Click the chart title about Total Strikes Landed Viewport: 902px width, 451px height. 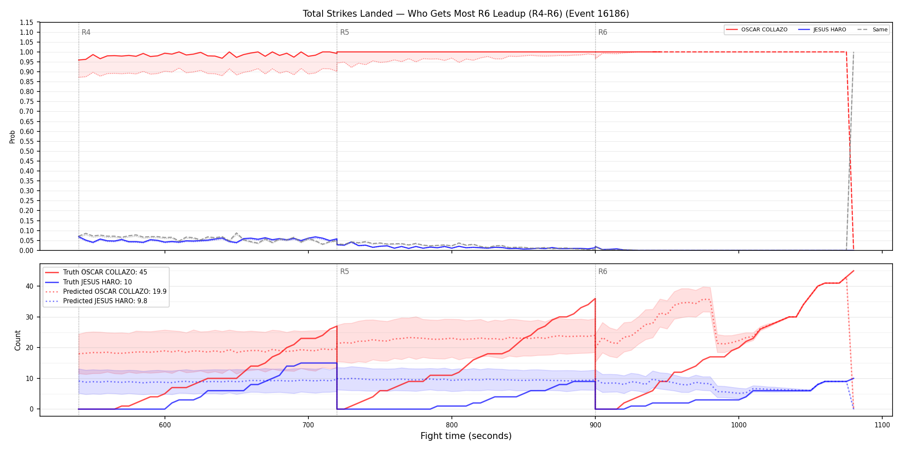(x=466, y=14)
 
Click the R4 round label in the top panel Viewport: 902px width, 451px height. (x=86, y=32)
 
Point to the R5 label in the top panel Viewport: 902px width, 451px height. (x=344, y=32)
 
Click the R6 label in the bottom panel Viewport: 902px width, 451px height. (x=603, y=271)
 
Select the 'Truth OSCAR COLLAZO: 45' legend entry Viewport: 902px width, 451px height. (x=105, y=272)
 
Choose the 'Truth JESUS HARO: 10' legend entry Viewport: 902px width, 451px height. (x=98, y=282)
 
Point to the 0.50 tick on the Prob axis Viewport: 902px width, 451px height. (x=27, y=151)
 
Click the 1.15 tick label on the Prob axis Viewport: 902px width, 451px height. (x=27, y=22)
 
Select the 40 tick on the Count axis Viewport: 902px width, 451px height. (x=29, y=286)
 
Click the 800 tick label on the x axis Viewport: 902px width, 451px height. (x=451, y=425)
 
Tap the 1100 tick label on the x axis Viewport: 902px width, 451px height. (x=882, y=425)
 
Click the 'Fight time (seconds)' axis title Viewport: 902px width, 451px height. (x=466, y=436)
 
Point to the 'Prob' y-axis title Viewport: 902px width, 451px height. (x=12, y=137)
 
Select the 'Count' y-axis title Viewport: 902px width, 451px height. (x=18, y=340)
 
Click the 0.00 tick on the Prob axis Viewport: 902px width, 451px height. (x=27, y=250)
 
